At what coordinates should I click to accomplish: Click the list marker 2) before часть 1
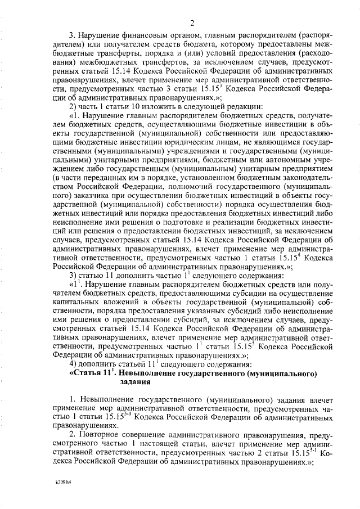(73, 108)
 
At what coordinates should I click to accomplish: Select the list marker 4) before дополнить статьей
(73, 364)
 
